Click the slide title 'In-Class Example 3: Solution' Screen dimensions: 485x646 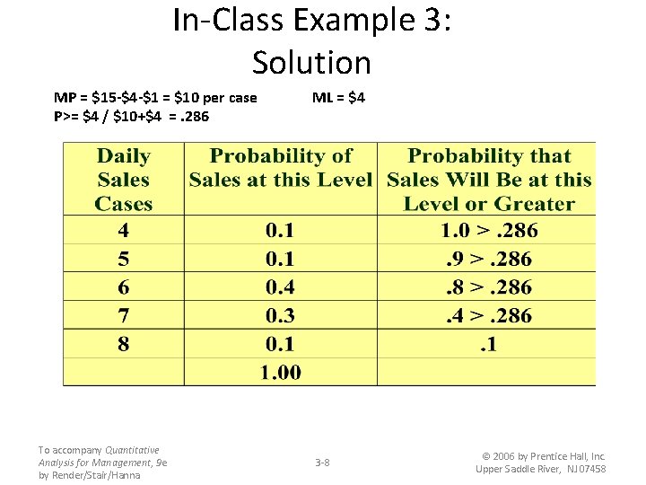[x=311, y=41]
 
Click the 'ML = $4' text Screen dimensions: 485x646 [x=338, y=97]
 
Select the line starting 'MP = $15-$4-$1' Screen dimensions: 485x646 [x=155, y=97]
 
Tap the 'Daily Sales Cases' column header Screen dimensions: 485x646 [x=123, y=180]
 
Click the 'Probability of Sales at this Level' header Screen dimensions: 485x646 [x=280, y=168]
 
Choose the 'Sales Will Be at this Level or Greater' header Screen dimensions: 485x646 [x=489, y=180]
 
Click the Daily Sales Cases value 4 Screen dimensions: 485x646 [x=123, y=231]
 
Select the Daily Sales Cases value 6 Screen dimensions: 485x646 [x=123, y=287]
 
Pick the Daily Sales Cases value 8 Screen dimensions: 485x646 [x=123, y=344]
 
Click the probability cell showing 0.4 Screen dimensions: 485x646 [x=280, y=287]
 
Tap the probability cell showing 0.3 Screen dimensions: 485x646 [x=280, y=316]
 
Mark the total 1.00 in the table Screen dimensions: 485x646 [x=280, y=372]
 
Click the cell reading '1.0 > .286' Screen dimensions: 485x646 [x=489, y=231]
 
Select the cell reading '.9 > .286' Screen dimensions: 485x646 [x=489, y=260]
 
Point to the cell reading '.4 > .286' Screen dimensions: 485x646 [x=489, y=316]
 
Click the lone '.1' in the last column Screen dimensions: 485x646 [x=489, y=344]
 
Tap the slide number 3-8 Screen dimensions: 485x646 [x=322, y=463]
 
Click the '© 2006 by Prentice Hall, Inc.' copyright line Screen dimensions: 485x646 [x=540, y=456]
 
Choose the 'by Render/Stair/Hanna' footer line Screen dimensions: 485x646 [x=90, y=475]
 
